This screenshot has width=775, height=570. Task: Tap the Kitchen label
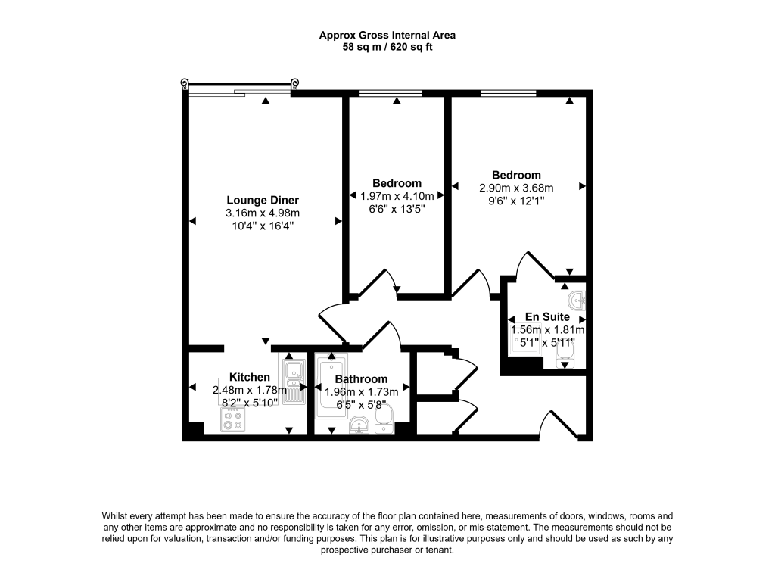click(249, 377)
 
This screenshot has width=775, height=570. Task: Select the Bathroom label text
click(361, 378)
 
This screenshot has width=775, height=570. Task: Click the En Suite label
click(548, 316)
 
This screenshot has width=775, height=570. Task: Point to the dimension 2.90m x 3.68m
click(515, 188)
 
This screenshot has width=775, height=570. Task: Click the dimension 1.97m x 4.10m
click(397, 196)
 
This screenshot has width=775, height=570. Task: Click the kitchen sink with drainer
click(294, 382)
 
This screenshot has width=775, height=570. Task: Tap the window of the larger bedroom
click(509, 93)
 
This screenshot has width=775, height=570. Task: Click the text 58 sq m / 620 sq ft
click(387, 47)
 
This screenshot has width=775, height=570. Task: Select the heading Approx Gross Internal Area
click(387, 35)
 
